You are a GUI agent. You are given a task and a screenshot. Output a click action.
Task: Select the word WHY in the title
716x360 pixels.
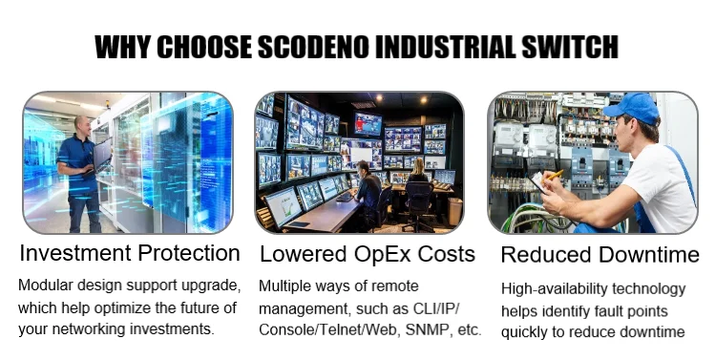122,47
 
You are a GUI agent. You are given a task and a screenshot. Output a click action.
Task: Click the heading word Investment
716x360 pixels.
75,253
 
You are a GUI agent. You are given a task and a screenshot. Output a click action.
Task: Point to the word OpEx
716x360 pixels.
382,254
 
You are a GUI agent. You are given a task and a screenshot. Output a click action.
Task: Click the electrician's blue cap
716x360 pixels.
632,108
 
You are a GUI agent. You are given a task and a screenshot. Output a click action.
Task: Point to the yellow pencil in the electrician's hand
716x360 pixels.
555,175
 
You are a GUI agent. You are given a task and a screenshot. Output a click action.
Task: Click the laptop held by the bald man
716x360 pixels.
102,155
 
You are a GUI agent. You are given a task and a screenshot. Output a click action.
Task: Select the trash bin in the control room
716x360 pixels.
454,211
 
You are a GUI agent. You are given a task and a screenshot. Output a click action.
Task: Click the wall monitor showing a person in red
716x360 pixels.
368,124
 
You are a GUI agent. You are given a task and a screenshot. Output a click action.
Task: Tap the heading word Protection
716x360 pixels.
189,253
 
